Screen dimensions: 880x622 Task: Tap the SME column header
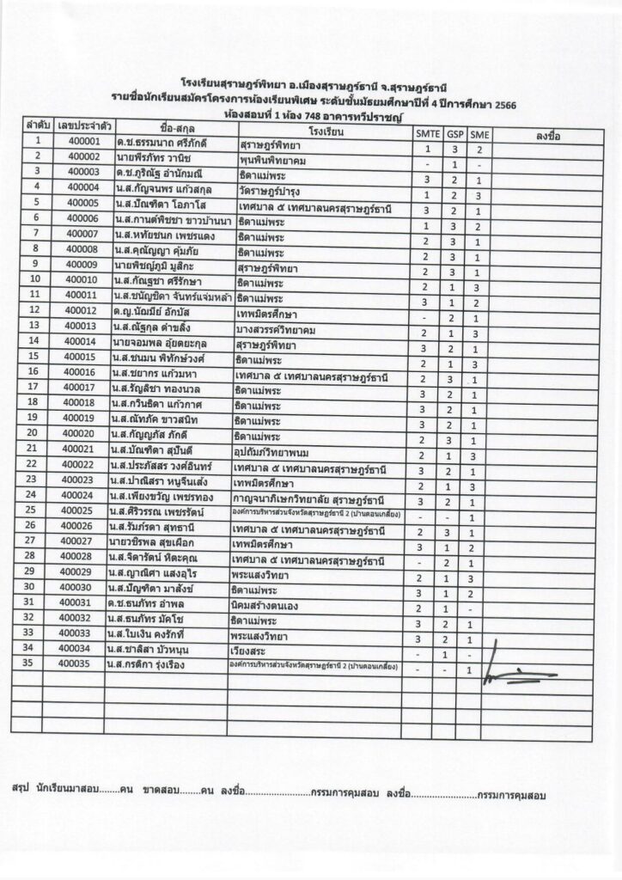pyautogui.click(x=479, y=135)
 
